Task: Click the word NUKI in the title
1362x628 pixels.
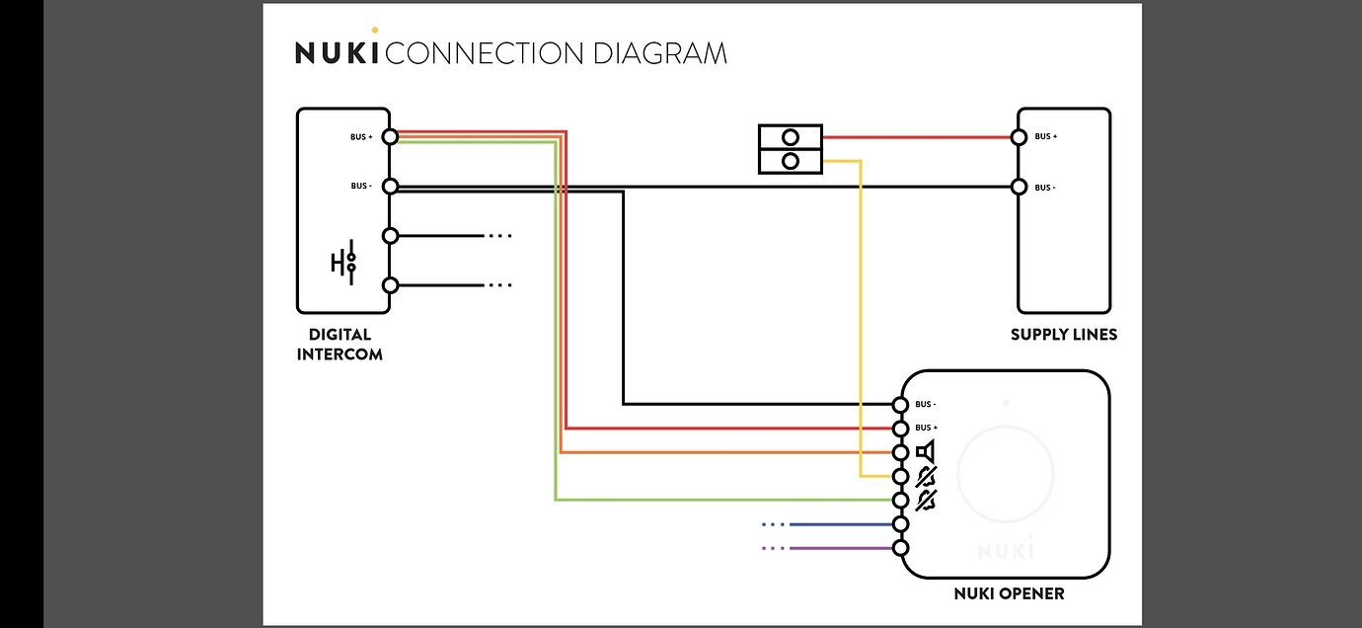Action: tap(337, 53)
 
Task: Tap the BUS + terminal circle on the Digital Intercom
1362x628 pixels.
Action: tap(390, 136)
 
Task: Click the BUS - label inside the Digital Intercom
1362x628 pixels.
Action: tap(360, 186)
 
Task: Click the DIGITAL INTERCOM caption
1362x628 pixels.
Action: tap(340, 344)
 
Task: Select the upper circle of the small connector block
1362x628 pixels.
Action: tap(790, 137)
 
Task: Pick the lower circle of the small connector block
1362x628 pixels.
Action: tap(790, 161)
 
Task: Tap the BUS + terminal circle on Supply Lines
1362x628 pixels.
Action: tap(1020, 137)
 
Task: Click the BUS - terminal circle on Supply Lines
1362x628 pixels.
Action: tap(1020, 187)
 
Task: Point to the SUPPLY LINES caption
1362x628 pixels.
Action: tap(1064, 335)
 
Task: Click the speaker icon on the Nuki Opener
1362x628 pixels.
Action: tap(925, 452)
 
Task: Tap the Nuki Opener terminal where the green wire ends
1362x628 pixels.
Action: tap(899, 500)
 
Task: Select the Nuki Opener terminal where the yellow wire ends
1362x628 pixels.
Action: tap(899, 476)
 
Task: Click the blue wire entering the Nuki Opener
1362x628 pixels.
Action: tap(839, 524)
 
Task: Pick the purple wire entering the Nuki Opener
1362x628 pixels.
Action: tap(839, 548)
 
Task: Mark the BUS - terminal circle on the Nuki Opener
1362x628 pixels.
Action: tap(899, 405)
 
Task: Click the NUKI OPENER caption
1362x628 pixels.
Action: tap(1009, 593)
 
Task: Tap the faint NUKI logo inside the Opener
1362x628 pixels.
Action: tap(1006, 548)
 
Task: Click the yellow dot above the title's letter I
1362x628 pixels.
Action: tap(374, 30)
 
